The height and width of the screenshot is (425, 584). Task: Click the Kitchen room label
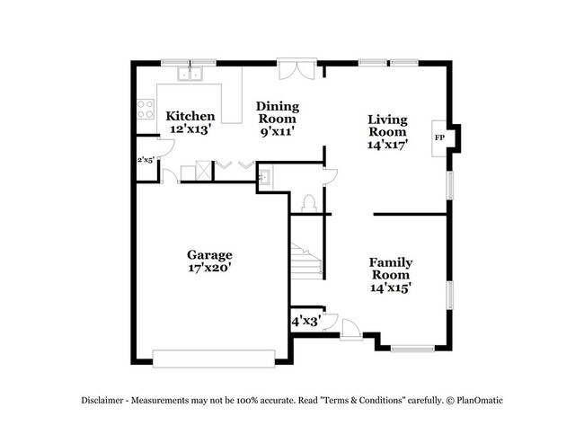click(x=190, y=116)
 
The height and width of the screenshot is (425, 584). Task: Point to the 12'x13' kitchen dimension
click(x=190, y=129)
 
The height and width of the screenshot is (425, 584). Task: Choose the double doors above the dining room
click(x=296, y=70)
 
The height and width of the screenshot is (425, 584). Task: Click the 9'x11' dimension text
click(x=278, y=132)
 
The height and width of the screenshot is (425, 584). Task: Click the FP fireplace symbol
click(x=440, y=137)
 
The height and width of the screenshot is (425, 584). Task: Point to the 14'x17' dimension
click(x=388, y=145)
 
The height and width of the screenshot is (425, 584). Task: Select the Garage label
click(x=209, y=254)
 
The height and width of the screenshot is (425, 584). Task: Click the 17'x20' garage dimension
click(x=209, y=268)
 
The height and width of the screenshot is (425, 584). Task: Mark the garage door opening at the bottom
click(x=212, y=358)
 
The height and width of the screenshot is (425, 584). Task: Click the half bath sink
click(x=267, y=175)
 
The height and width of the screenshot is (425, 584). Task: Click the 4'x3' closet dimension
click(x=305, y=320)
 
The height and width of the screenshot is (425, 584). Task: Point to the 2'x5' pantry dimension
click(x=144, y=160)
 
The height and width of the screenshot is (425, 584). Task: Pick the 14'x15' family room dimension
click(x=391, y=288)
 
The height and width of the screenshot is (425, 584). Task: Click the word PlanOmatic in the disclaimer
click(x=482, y=398)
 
